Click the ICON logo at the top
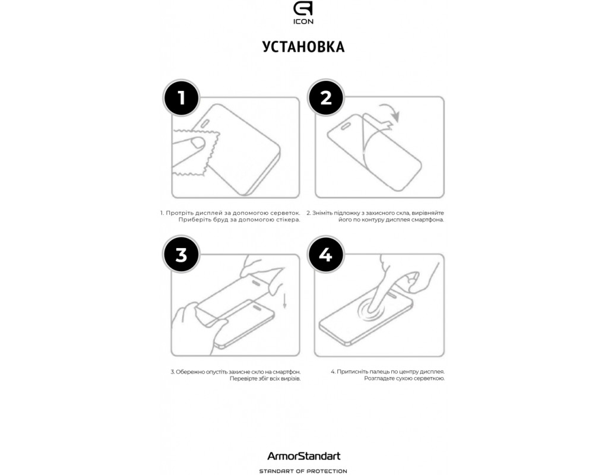pos(303,13)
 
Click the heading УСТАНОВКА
pos(303,46)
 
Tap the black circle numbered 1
pos(181,98)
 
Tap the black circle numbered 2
pos(326,98)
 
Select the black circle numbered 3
pos(181,255)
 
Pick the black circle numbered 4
pos(326,255)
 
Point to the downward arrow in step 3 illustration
pos(284,301)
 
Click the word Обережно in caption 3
pos(190,372)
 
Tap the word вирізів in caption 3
pos(290,378)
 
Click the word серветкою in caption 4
pos(430,378)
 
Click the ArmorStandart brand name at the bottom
pos(303,456)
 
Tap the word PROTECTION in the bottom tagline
pos(327,471)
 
